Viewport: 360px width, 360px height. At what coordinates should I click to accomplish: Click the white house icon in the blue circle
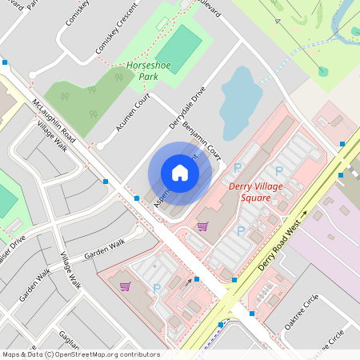click(x=180, y=173)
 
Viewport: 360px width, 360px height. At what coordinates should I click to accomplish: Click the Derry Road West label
click(x=283, y=241)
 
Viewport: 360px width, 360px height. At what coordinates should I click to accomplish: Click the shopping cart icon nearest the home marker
click(x=202, y=226)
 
